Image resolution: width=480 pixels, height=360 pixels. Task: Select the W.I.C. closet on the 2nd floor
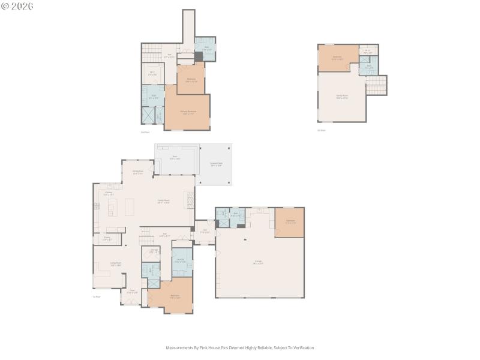pos(153,74)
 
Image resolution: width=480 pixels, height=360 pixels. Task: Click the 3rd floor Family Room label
pos(341,96)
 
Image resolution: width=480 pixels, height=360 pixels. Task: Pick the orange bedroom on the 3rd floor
pos(338,58)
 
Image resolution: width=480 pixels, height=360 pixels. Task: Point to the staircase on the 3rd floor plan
pos(376,85)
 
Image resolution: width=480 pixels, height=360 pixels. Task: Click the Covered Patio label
pos(215,164)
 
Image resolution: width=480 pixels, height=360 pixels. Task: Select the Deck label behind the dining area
pos(175,158)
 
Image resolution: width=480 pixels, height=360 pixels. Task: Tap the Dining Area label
pos(137,172)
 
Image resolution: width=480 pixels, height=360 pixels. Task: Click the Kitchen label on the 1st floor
pos(109,193)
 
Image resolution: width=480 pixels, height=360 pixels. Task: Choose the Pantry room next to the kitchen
pos(107,239)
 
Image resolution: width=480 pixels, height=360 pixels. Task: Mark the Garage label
pos(258,262)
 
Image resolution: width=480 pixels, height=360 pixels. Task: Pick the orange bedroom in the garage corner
pos(290,221)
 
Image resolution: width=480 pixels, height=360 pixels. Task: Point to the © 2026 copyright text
pos(17,6)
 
